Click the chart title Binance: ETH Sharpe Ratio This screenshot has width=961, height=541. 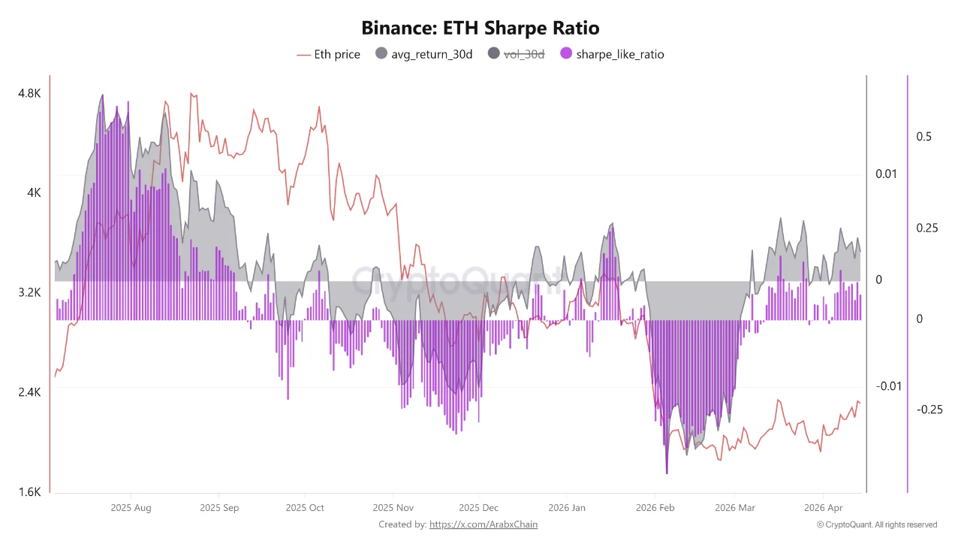pos(480,29)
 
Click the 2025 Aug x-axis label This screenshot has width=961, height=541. pos(131,507)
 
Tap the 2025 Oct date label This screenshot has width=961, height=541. pos(306,507)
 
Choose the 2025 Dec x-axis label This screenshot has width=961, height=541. pos(479,507)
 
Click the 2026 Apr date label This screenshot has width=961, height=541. pos(824,507)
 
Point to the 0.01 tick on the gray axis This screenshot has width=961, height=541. pos(887,174)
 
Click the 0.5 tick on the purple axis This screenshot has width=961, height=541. pos(923,137)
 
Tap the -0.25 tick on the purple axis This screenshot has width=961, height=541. pos(929,410)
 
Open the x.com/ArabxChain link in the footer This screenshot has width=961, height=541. pos(483,524)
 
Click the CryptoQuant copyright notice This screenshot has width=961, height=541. pos(876,524)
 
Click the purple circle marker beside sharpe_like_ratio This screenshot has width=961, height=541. pos(566,54)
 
